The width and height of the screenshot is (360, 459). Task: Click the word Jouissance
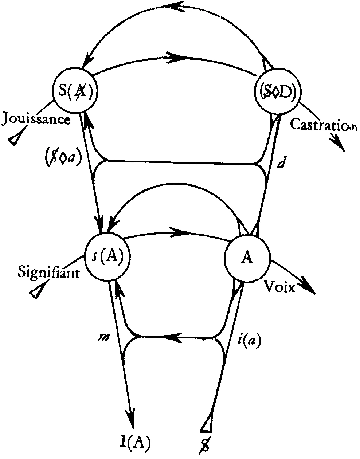click(x=36, y=119)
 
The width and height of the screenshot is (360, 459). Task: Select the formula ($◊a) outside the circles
click(x=63, y=157)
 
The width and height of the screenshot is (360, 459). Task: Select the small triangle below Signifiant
click(x=39, y=289)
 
